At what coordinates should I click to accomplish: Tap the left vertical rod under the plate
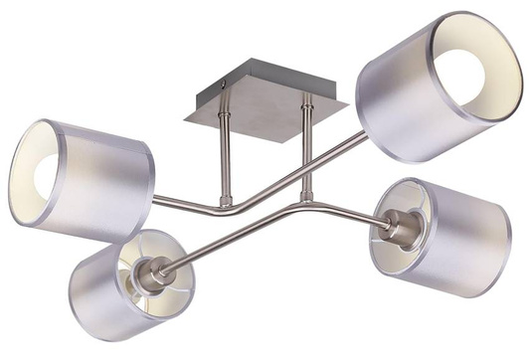point(223,158)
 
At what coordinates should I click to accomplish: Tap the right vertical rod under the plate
point(308,149)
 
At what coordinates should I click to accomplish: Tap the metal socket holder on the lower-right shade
point(401,227)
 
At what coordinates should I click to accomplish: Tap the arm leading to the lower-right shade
point(338,207)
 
